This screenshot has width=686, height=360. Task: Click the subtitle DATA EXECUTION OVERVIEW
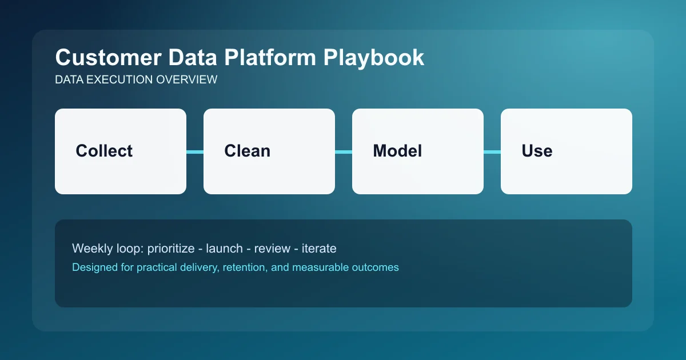(136, 80)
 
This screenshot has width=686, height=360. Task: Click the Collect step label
(104, 151)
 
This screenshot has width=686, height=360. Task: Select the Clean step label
(247, 151)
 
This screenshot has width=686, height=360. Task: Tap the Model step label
(397, 151)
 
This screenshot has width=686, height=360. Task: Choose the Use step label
(537, 151)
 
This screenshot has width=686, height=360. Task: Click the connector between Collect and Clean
(195, 151)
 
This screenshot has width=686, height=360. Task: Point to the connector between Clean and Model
(344, 151)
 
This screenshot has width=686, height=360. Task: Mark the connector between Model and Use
(492, 151)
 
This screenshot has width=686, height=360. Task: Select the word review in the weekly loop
(272, 249)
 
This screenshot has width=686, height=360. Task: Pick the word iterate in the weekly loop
(318, 249)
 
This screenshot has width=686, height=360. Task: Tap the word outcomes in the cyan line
(376, 267)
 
